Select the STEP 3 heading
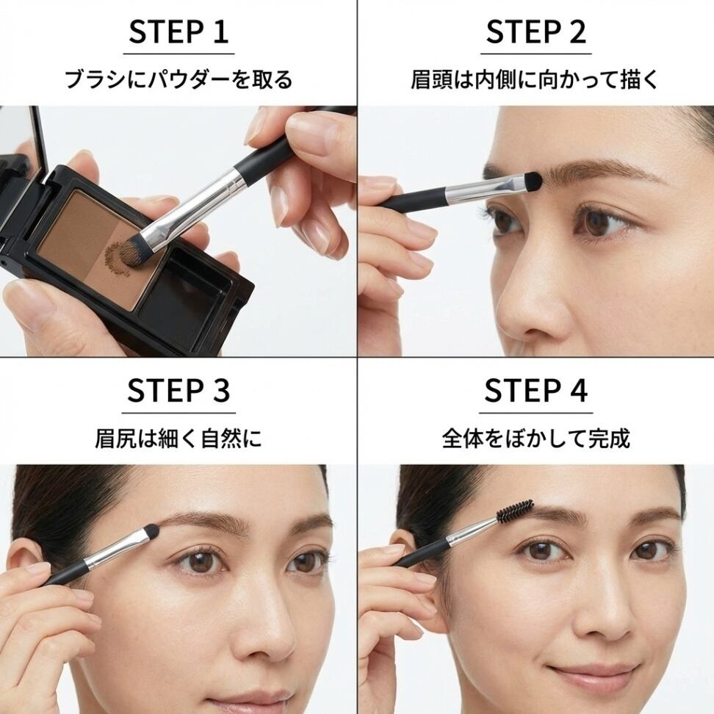[x=178, y=390]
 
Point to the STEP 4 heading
[x=536, y=390]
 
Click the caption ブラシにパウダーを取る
[x=178, y=79]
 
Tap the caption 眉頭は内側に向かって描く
[x=535, y=79]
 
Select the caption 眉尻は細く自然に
[x=178, y=438]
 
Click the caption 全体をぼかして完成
[x=536, y=438]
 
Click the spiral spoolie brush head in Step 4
[x=515, y=511]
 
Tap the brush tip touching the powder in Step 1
[x=131, y=253]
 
